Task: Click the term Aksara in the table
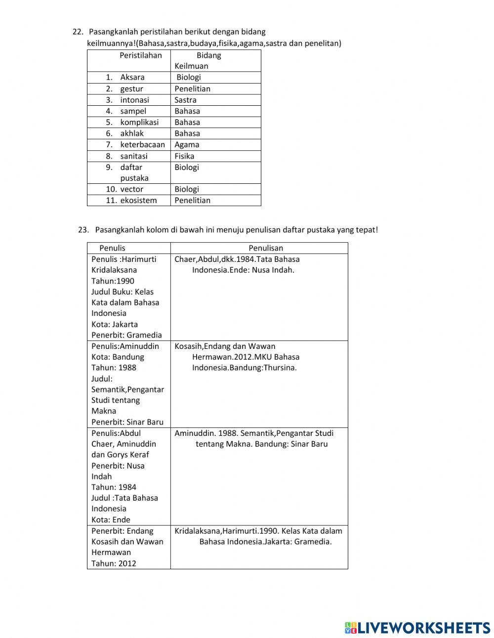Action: pos(132,77)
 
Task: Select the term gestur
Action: pos(131,89)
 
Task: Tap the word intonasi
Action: pos(134,100)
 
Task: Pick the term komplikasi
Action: pos(139,122)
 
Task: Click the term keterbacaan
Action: pos(142,145)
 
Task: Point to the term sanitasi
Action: pos(133,156)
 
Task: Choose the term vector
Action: pos(131,189)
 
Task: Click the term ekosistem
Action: pos(138,201)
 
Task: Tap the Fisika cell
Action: pos(184,156)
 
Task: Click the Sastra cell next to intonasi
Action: pos(185,100)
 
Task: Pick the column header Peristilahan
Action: pos(140,55)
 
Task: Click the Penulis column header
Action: pos(112,248)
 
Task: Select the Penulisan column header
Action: pos(266,248)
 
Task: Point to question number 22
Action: pos(78,32)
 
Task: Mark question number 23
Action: pos(83,230)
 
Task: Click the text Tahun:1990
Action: pos(113,281)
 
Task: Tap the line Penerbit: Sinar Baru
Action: pos(127,422)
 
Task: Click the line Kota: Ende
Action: pos(111,520)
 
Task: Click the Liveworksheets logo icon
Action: pos(351,628)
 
